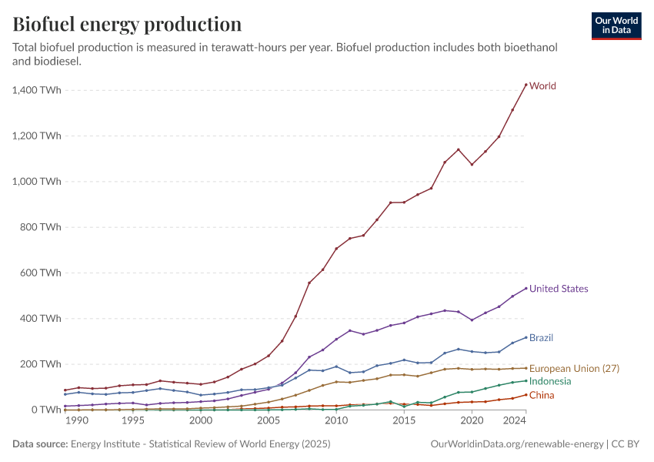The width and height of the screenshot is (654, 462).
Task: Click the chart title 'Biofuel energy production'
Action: click(127, 25)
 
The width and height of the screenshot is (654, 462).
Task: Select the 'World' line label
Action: click(542, 85)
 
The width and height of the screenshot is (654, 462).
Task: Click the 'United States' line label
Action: click(559, 289)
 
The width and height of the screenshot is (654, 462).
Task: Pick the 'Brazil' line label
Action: click(541, 338)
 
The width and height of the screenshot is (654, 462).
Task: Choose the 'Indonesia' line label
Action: click(550, 381)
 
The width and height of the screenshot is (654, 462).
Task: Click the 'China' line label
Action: click(542, 395)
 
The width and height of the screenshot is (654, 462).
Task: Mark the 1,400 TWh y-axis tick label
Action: click(37, 90)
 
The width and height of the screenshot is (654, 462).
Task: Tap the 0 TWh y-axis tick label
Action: click(46, 410)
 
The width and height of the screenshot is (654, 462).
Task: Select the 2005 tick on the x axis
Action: click(269, 421)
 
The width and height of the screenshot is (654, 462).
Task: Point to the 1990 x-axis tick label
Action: click(76, 421)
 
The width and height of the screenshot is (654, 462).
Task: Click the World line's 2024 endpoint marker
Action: click(526, 85)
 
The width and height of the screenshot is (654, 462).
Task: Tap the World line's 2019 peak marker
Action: click(459, 149)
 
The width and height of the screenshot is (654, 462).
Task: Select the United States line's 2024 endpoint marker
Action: click(526, 289)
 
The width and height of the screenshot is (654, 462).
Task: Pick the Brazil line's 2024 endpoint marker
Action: click(526, 337)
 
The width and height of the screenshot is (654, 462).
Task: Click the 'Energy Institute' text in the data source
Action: click(105, 444)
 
